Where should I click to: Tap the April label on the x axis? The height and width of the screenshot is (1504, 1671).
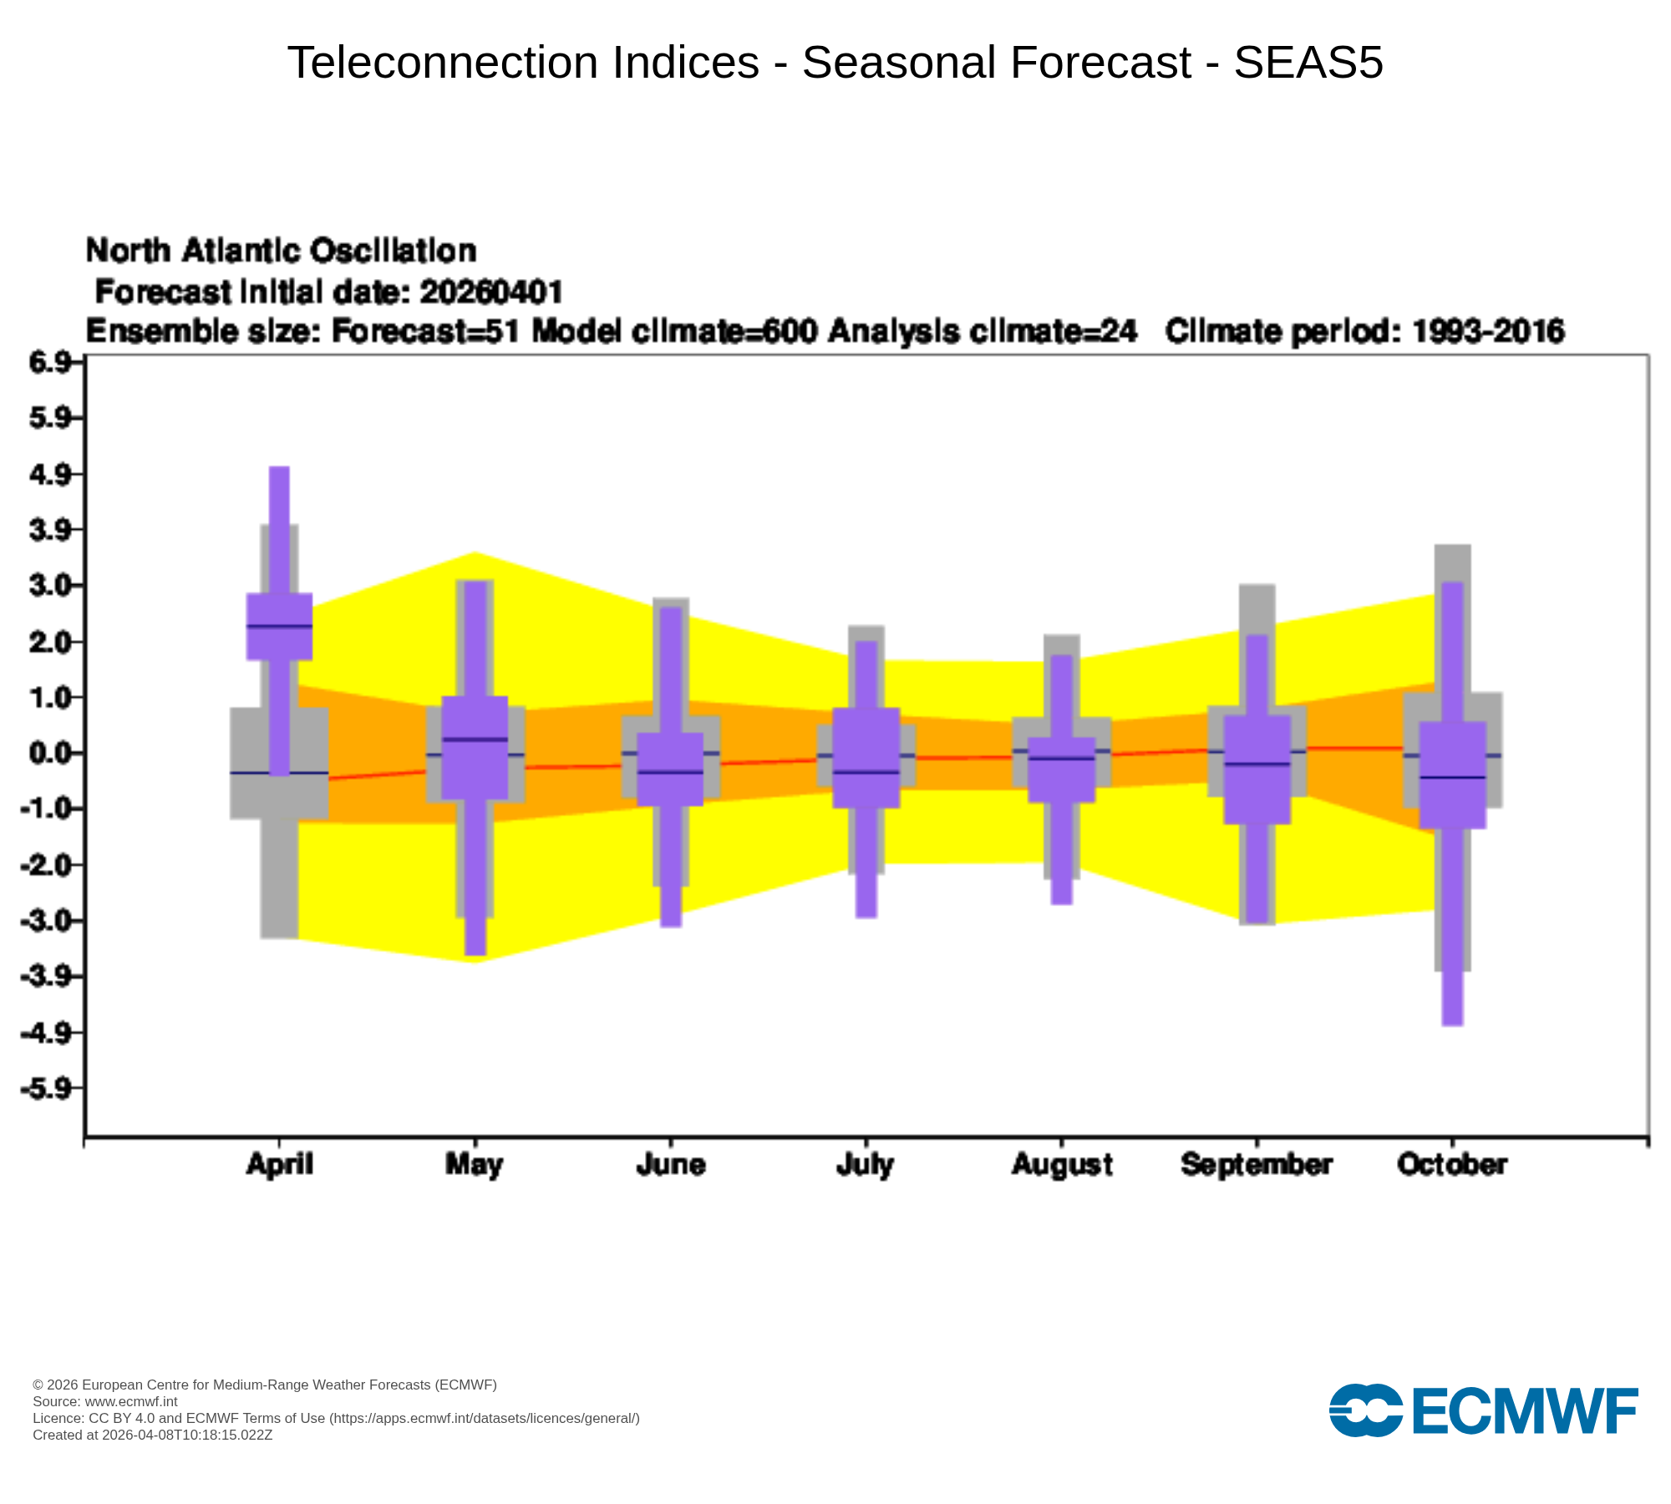(279, 1164)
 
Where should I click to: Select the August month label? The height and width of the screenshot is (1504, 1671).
(1061, 1164)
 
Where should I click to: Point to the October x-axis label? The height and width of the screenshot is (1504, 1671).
(1452, 1164)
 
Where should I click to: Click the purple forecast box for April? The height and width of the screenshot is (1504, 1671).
(279, 643)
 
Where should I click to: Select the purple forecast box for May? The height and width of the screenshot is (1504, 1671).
(475, 769)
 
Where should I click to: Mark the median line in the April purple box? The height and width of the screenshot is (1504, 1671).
(279, 626)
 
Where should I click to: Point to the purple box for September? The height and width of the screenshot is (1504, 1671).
(1257, 794)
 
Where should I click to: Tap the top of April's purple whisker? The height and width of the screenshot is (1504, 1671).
(279, 470)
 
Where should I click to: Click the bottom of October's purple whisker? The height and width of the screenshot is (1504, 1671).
(1452, 1023)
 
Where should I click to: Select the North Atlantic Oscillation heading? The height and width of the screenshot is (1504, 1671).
(281, 251)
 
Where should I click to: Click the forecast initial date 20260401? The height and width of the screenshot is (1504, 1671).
(491, 292)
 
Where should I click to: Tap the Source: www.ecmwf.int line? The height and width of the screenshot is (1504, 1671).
(104, 1401)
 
